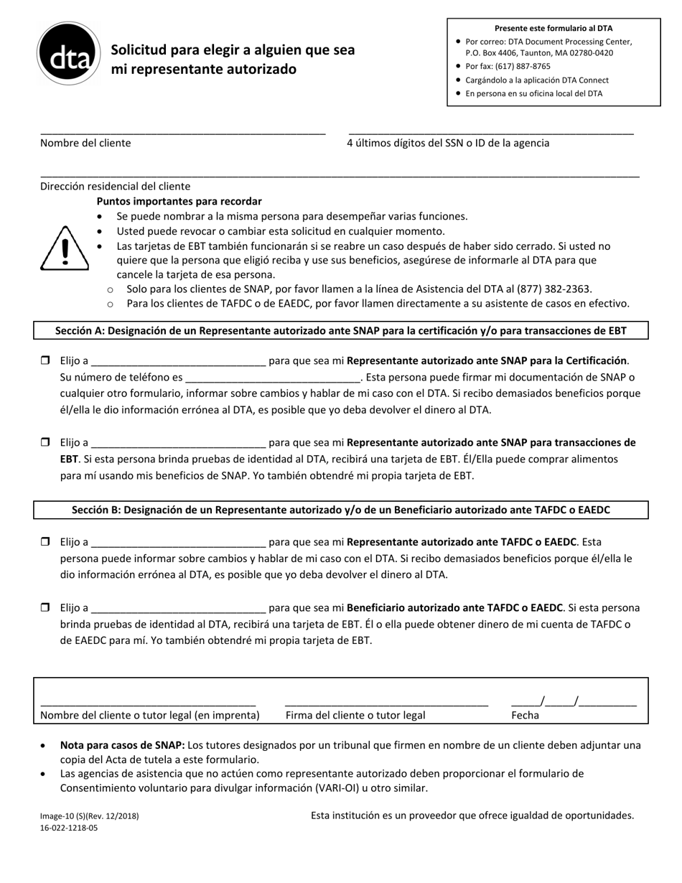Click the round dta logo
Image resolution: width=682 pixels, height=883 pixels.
pyautogui.click(x=69, y=54)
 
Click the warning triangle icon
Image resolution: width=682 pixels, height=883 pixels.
pyautogui.click(x=65, y=248)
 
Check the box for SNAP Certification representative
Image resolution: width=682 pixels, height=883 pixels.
pyautogui.click(x=45, y=360)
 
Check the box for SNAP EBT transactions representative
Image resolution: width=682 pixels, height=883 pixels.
pyautogui.click(x=45, y=442)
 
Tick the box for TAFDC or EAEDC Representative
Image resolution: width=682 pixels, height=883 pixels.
pyautogui.click(x=45, y=542)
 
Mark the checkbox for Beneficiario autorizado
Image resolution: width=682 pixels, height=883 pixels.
pyautogui.click(x=45, y=607)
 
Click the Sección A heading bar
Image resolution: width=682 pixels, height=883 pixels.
pyautogui.click(x=341, y=330)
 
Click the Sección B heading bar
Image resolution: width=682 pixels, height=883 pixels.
pyautogui.click(x=341, y=510)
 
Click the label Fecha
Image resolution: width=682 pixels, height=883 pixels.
pyautogui.click(x=525, y=715)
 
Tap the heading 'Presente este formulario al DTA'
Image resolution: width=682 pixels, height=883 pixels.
pyautogui.click(x=553, y=28)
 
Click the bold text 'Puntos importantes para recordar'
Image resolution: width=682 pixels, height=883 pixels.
pyautogui.click(x=179, y=201)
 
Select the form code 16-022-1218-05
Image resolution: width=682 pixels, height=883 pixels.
pyautogui.click(x=69, y=828)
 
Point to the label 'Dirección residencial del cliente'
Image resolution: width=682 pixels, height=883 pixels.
pyautogui.click(x=116, y=186)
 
